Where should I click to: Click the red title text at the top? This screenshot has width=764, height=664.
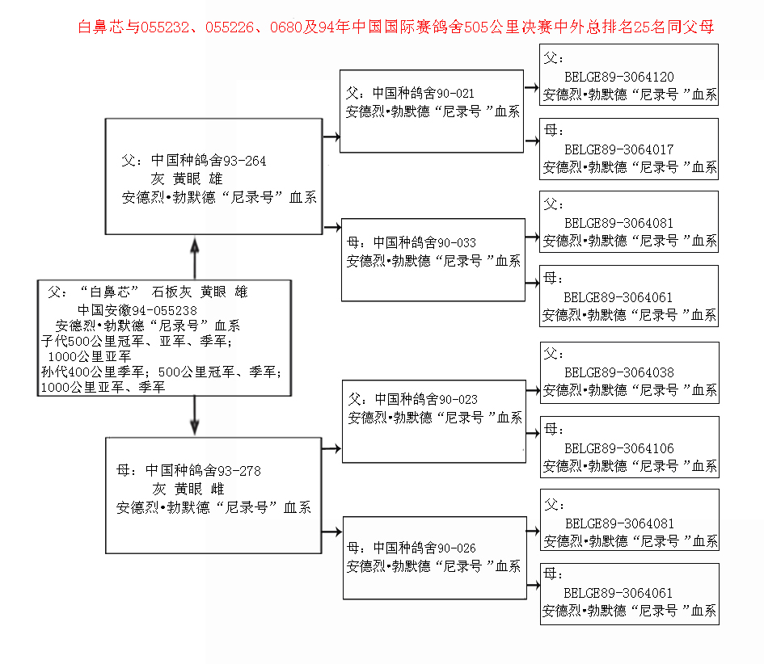(395, 27)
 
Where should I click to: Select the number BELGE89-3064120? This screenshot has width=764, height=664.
(618, 77)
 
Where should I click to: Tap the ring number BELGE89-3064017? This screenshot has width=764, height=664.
(618, 149)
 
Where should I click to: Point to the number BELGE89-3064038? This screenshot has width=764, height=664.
(618, 372)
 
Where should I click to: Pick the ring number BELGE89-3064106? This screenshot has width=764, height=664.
(618, 448)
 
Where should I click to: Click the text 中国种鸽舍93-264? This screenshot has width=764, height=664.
(209, 160)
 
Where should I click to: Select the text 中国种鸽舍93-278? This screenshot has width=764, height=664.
(203, 470)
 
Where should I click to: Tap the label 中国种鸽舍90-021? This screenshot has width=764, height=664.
(423, 93)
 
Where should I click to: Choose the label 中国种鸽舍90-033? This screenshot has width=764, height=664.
(424, 242)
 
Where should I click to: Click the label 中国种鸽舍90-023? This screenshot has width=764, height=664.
(426, 399)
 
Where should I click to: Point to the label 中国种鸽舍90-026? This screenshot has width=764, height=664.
(424, 548)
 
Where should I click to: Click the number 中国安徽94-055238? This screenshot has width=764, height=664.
(137, 310)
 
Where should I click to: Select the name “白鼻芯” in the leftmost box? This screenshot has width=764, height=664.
(110, 292)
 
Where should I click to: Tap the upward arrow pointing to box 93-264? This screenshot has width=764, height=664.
(195, 258)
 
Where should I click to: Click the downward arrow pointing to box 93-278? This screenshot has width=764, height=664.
(194, 415)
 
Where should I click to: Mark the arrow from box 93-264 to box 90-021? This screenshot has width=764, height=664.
(331, 137)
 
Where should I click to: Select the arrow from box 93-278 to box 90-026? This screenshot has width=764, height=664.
(331, 532)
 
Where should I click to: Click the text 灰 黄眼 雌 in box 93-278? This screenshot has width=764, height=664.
(188, 489)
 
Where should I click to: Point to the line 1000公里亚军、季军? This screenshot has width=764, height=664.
(103, 388)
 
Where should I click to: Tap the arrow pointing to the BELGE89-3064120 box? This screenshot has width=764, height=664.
(532, 87)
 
